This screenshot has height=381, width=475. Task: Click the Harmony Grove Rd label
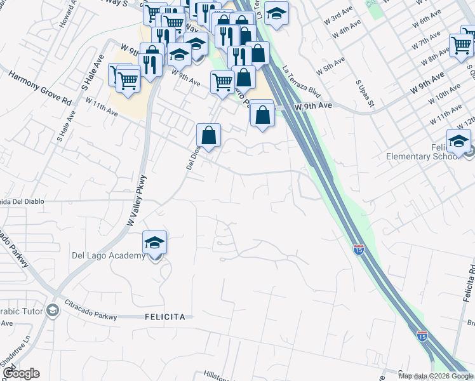point(39,88)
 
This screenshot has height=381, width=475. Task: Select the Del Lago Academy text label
point(109,256)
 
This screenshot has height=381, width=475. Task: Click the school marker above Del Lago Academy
point(154,244)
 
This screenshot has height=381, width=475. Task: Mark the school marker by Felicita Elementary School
point(458,142)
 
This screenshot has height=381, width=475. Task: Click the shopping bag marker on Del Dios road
point(209,135)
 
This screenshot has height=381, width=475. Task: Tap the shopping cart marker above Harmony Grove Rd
point(128,81)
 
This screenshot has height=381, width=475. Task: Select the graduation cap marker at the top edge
point(276,14)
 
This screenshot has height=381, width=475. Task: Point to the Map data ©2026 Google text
point(436,376)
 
